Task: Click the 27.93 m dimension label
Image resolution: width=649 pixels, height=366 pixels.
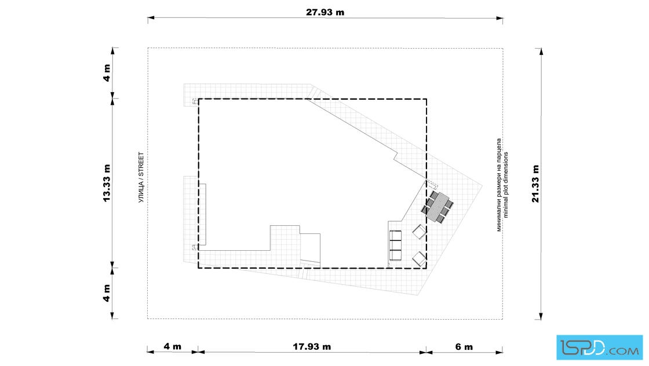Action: point(325,12)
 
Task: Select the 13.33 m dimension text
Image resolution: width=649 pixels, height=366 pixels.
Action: point(107,183)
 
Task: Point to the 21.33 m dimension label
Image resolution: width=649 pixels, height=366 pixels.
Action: point(535,184)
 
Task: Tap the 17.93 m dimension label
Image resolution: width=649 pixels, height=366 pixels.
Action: point(312,346)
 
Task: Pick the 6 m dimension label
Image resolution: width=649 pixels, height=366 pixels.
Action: point(464,346)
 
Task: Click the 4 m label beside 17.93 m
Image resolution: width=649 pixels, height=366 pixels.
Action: point(172,346)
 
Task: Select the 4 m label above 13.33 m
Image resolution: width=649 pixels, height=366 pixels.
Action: point(107,73)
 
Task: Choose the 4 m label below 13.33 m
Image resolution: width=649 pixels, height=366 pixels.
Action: point(107,293)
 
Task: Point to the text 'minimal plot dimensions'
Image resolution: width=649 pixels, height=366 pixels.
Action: point(506,185)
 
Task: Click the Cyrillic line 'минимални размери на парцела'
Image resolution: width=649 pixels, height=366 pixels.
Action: point(499,185)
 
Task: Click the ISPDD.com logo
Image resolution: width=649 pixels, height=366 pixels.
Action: point(599,347)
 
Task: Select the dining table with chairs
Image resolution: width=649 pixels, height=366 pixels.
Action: point(437,207)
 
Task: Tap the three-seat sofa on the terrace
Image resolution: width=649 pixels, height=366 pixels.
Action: point(395,245)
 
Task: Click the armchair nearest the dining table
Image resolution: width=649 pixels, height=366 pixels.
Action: point(420,232)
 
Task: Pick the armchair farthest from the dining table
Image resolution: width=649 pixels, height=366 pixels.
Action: point(420,259)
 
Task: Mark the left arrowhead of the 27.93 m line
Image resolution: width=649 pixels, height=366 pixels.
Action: point(151,18)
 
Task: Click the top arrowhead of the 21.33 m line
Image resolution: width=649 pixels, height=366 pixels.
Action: point(541,52)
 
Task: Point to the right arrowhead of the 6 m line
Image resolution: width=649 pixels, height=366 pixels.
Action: point(499,352)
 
